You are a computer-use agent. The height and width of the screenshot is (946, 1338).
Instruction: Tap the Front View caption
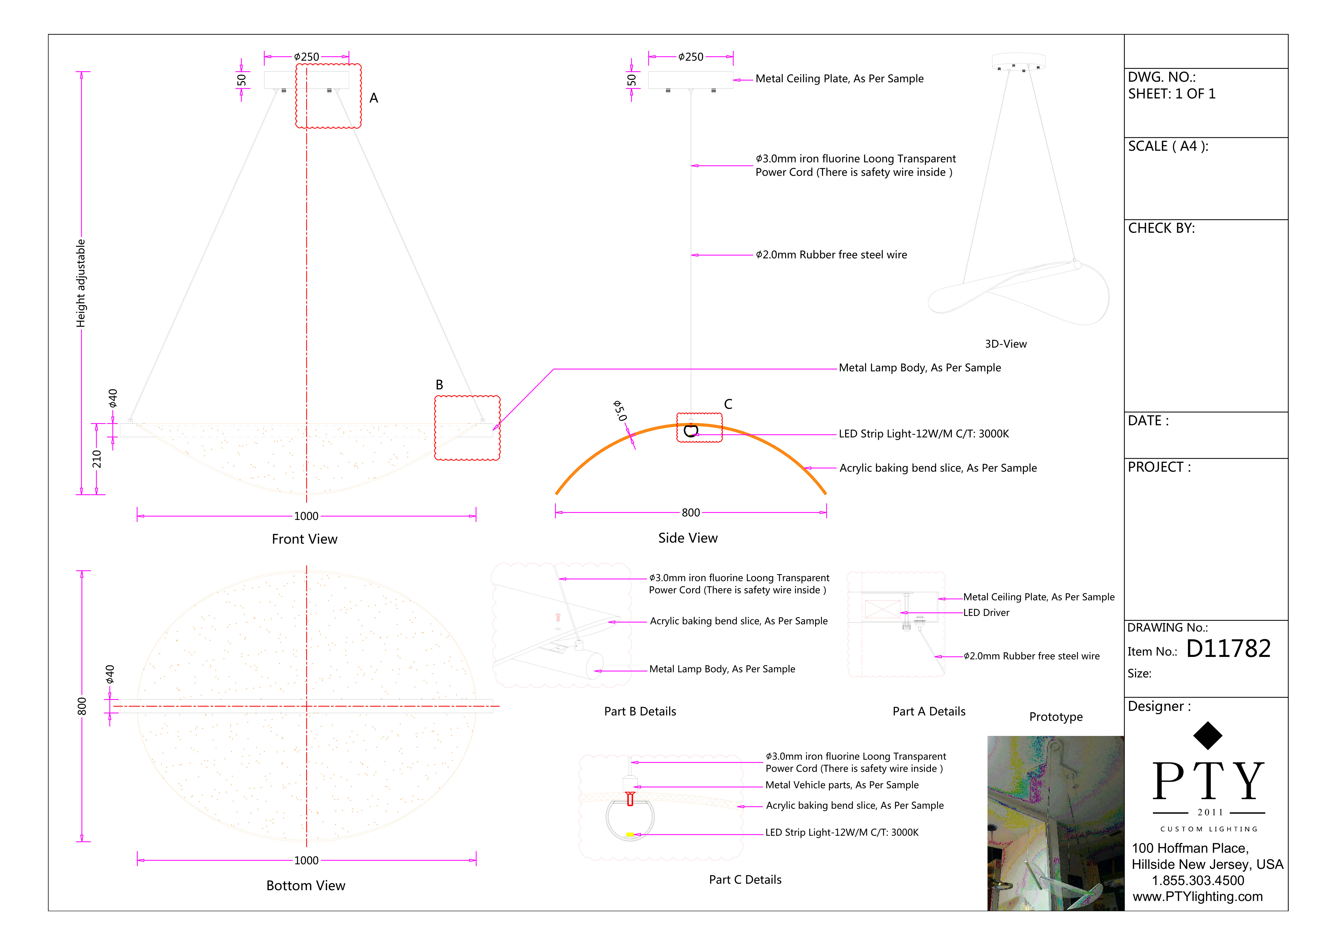point(304,539)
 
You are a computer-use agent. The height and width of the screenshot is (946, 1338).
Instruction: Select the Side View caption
point(688,538)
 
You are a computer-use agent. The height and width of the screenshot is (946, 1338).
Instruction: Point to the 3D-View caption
point(1005,344)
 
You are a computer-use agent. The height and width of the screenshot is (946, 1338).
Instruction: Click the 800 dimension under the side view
point(690,512)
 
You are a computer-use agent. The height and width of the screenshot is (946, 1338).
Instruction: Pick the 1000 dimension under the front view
point(306,516)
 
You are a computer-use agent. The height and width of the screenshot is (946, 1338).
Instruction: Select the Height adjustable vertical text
point(81,283)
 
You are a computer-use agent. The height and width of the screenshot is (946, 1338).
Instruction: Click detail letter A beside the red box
point(374,98)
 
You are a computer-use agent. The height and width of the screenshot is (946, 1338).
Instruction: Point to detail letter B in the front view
point(439,385)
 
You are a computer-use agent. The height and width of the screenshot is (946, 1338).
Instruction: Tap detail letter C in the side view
point(728,404)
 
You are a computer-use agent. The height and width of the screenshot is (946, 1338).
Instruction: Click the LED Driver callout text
point(986,613)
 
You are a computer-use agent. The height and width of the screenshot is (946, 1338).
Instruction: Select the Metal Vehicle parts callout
point(841,785)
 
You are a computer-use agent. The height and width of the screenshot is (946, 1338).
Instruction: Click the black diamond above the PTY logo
point(1208,736)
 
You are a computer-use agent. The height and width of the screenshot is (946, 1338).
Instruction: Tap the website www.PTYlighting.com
point(1198,896)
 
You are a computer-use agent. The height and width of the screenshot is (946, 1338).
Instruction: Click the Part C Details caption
point(745,880)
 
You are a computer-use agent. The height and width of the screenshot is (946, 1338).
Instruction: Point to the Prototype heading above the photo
point(1055,717)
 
